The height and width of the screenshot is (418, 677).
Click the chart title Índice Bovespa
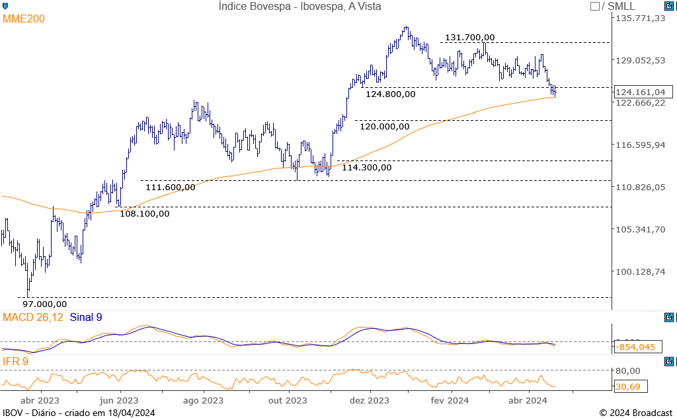click(x=299, y=7)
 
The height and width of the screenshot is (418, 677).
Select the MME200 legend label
click(x=24, y=19)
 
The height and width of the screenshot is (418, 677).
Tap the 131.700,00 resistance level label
click(x=469, y=38)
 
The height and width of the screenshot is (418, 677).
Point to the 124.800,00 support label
click(x=391, y=94)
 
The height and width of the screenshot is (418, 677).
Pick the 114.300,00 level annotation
click(x=367, y=167)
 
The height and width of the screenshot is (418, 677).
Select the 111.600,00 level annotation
click(x=170, y=187)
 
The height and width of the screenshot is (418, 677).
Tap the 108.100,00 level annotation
click(x=145, y=213)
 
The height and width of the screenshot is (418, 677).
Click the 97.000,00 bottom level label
click(x=45, y=304)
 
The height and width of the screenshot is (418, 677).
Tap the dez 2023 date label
click(x=370, y=400)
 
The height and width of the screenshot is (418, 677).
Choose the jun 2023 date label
click(x=119, y=400)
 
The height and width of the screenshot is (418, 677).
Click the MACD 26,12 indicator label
click(x=33, y=318)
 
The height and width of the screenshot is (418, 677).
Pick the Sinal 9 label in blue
click(x=86, y=318)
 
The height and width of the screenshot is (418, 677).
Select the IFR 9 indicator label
click(x=16, y=361)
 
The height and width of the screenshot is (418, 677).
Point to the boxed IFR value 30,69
click(x=629, y=386)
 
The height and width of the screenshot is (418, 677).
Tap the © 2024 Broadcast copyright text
click(x=636, y=413)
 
